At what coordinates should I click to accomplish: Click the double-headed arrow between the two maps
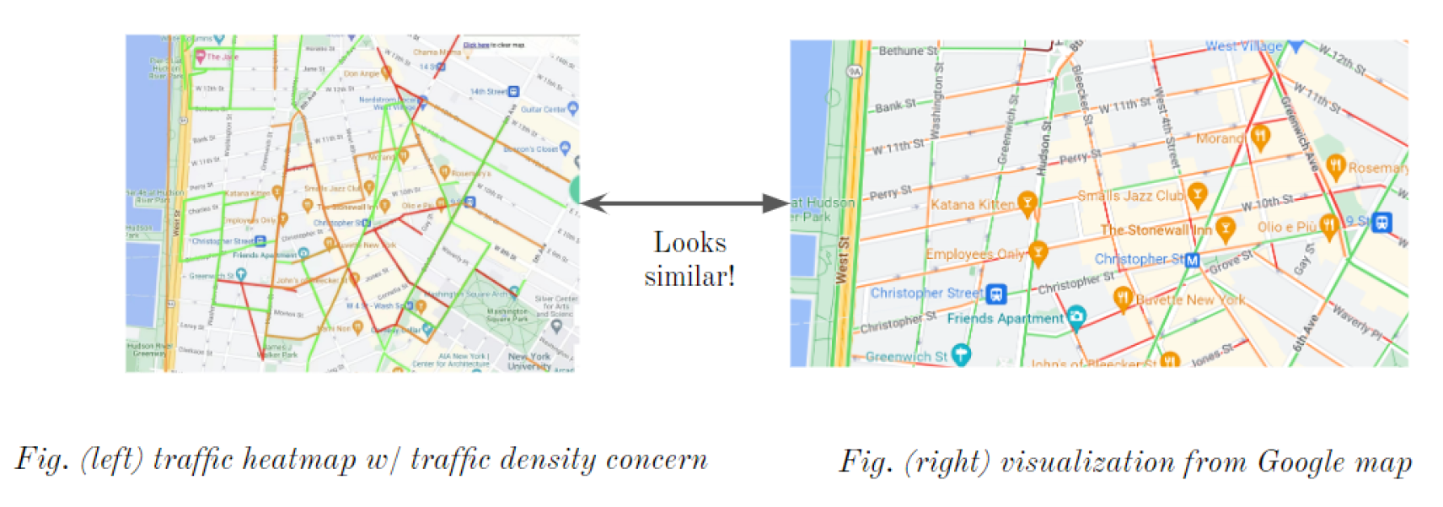[x=684, y=203]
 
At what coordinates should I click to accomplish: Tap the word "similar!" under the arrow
[x=689, y=276]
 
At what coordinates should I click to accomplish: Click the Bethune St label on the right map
[x=908, y=51]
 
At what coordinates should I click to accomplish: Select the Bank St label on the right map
[x=895, y=106]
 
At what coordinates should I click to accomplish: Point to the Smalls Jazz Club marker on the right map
[x=1197, y=194]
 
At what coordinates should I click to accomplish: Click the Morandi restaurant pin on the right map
[x=1260, y=136]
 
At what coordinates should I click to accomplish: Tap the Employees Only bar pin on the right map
[x=1038, y=251]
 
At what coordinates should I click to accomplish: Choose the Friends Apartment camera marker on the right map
[x=1076, y=317]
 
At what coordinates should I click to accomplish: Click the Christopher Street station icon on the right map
[x=996, y=294]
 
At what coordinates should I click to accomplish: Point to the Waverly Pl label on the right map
[x=1357, y=322]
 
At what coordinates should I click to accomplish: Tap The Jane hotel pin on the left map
[x=201, y=57]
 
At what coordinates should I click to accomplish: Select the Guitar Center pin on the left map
[x=573, y=108]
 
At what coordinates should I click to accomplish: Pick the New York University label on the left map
[x=529, y=361]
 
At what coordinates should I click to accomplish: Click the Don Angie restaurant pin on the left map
[x=386, y=73]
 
